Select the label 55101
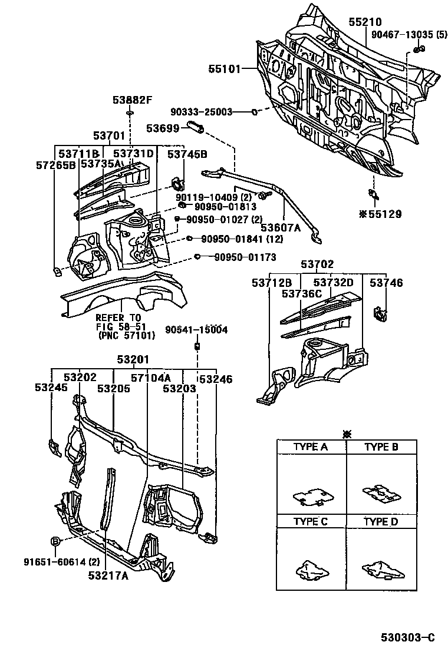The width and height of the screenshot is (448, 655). (x=224, y=69)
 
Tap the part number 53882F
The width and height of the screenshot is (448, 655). (x=133, y=100)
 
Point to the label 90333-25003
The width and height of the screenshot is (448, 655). (x=202, y=111)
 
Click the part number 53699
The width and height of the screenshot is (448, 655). (x=163, y=128)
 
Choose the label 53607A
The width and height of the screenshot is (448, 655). (x=281, y=227)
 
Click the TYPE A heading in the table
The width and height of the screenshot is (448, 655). (x=311, y=447)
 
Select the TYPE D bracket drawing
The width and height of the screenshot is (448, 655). (x=380, y=570)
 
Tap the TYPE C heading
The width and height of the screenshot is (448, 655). (x=311, y=522)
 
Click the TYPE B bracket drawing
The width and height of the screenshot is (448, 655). (x=381, y=494)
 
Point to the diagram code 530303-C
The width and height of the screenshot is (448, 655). (x=407, y=638)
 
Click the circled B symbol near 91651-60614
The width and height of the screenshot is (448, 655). (x=54, y=541)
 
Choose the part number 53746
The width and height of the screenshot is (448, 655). (x=387, y=283)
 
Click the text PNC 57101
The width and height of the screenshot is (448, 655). (x=126, y=336)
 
